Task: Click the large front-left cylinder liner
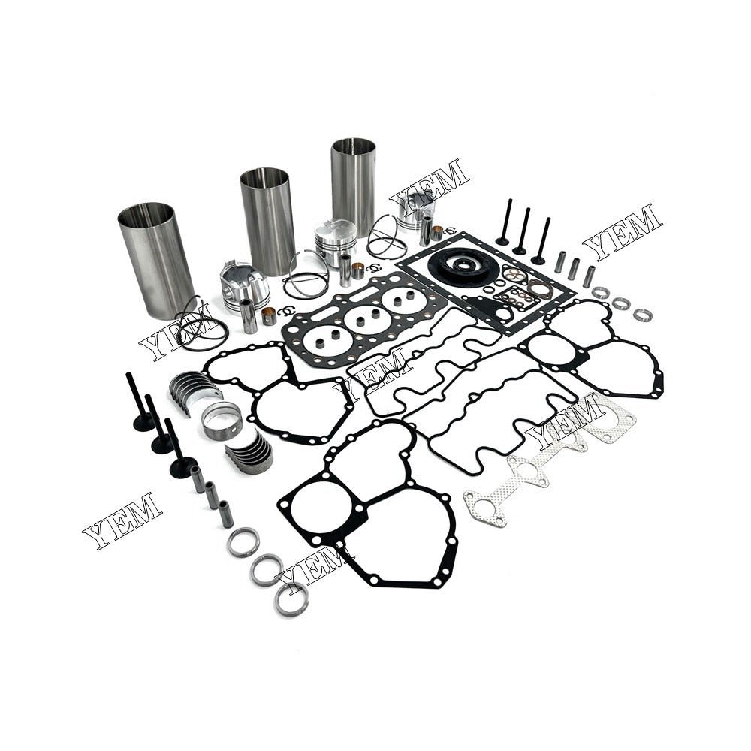coord(156,259)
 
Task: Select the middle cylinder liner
coord(267,222)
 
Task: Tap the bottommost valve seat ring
coord(290,599)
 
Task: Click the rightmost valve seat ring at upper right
coord(642,315)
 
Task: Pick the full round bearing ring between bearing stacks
coord(222,421)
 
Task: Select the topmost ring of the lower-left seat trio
coord(243,541)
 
